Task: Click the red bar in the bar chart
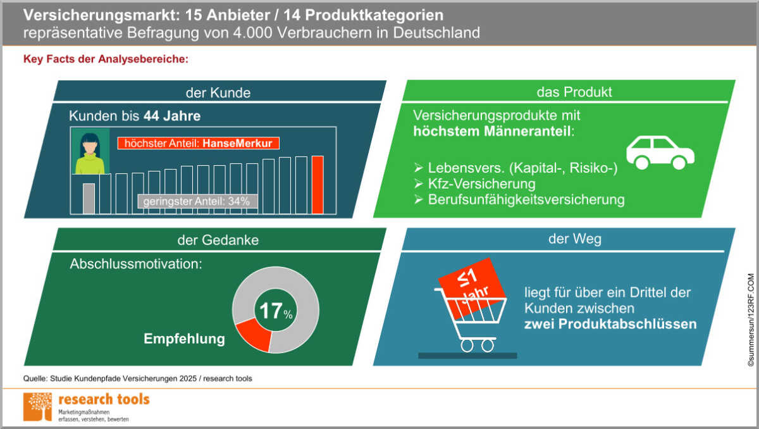click(318, 185)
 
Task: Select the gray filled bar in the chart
click(89, 198)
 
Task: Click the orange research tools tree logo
click(37, 406)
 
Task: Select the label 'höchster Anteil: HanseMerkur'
click(198, 144)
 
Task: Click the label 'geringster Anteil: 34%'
click(197, 201)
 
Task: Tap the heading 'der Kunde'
click(218, 92)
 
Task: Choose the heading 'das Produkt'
click(574, 92)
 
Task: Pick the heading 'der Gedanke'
click(218, 240)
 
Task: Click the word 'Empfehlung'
click(184, 339)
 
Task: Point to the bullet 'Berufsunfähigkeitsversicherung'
click(526, 200)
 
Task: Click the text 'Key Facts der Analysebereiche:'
click(106, 61)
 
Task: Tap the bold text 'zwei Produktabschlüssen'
click(610, 324)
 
